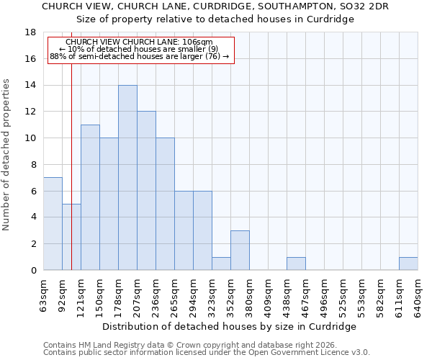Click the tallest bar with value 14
coord(127,178)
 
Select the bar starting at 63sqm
coord(53,224)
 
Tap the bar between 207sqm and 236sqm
coord(146,191)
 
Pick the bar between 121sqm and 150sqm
coord(90,197)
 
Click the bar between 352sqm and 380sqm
coord(240,251)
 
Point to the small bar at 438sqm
coord(296,264)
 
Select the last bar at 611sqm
coord(408,264)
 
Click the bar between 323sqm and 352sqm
coord(221,264)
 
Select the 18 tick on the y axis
coord(31,32)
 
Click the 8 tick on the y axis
coord(33,165)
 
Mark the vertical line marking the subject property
coord(71,173)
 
